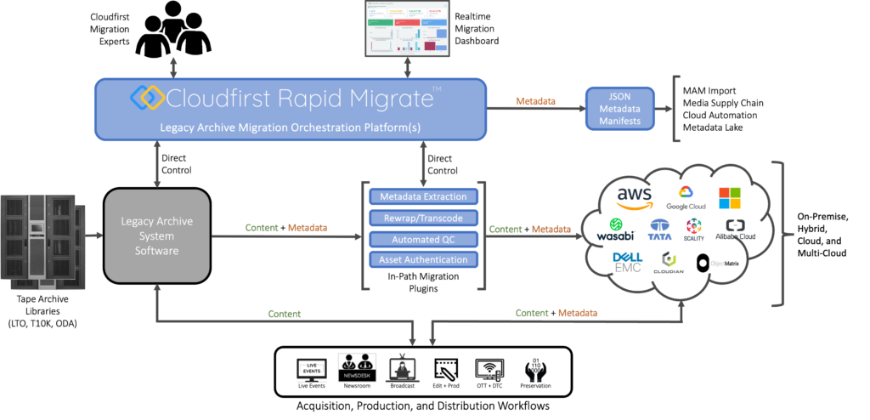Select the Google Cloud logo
click(686, 198)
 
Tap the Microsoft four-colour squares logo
click(730, 197)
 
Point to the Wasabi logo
click(615, 230)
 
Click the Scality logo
click(694, 230)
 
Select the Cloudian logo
click(669, 264)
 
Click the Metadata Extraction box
click(424, 197)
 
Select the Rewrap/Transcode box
click(424, 219)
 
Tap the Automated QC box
click(424, 239)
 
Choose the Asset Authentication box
click(424, 259)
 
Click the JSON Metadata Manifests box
click(620, 108)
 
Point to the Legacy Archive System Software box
click(157, 236)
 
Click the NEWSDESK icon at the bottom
click(357, 367)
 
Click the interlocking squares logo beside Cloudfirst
click(147, 97)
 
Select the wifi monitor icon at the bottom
click(489, 368)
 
